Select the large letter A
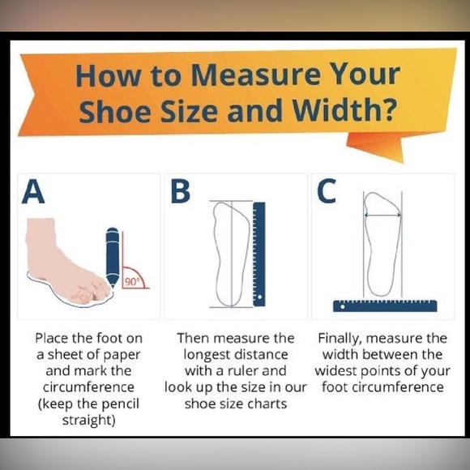33,191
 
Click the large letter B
180,191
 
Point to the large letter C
327,190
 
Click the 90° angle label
132,282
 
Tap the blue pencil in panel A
113,258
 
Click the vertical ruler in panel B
259,254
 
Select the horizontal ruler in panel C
385,305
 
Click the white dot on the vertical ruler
260,297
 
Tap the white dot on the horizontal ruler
343,306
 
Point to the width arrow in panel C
382,215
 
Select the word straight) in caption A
88,420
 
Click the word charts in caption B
268,404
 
